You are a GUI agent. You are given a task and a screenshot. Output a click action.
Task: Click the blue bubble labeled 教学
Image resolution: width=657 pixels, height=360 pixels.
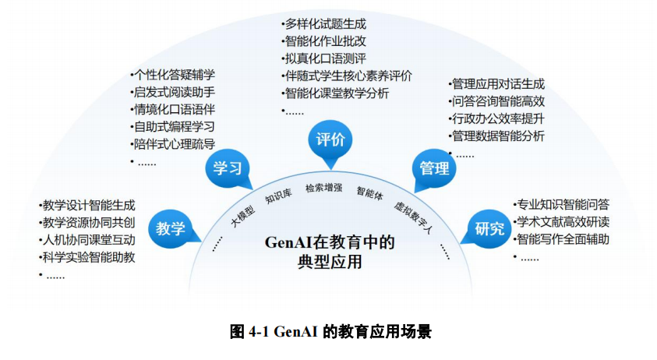point(169,228)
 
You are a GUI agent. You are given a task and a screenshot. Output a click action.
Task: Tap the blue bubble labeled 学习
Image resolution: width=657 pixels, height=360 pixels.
point(227,168)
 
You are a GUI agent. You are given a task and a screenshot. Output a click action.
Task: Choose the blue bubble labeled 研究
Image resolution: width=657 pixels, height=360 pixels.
point(489,228)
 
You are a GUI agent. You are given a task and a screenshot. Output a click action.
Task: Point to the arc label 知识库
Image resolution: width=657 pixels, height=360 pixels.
point(278,196)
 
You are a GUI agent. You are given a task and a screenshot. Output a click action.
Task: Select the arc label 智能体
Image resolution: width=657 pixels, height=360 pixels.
point(369,192)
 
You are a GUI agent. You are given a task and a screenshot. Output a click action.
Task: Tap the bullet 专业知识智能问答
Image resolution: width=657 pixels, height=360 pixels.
point(563,205)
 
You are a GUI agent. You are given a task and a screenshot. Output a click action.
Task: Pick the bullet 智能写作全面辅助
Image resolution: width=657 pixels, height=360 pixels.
point(563,239)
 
